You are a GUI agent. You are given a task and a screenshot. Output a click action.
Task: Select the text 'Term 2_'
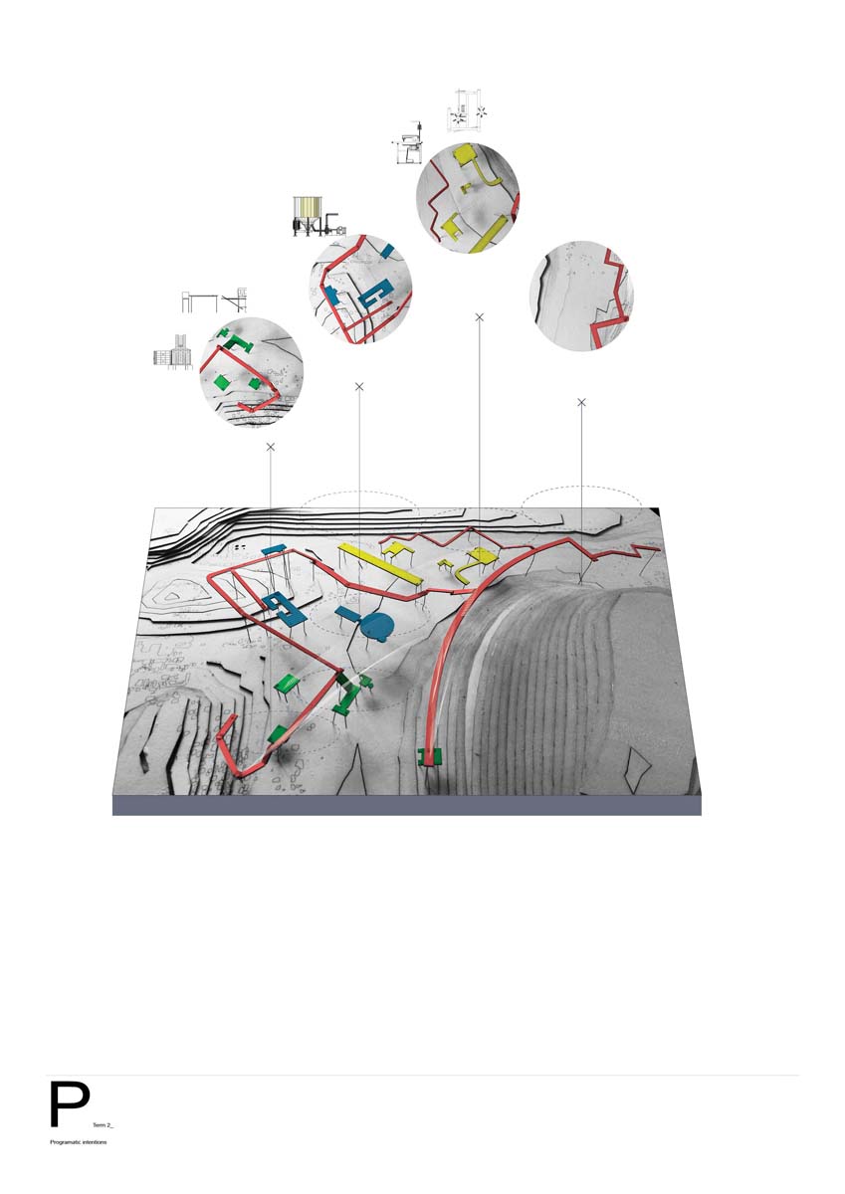103,1123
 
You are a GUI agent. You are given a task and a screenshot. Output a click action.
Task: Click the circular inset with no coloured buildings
581,296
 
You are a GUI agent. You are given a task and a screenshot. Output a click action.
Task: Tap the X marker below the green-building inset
271,448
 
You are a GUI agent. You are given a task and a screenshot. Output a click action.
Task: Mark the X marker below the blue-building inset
359,386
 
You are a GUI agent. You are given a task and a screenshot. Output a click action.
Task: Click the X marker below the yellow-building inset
479,316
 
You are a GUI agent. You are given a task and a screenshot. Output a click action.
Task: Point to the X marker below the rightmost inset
582,402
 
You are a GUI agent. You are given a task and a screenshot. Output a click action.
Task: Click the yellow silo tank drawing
308,210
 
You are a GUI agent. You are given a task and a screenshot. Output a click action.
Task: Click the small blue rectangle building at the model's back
273,549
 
